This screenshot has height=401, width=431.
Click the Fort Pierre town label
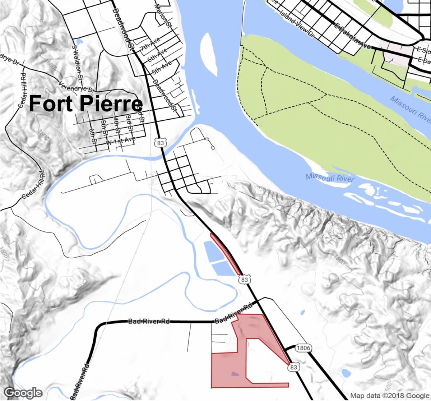point(85,103)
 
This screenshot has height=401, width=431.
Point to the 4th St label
point(116,124)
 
